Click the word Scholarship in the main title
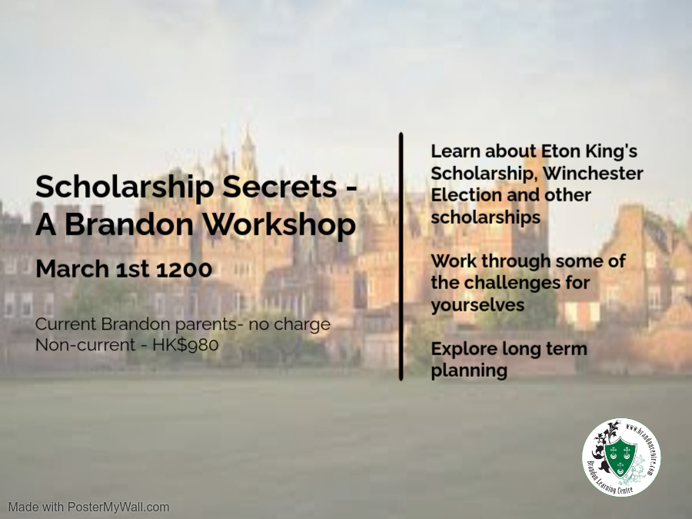click(x=125, y=188)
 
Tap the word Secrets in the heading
click(x=279, y=187)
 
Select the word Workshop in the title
click(x=279, y=225)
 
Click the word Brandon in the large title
click(x=129, y=225)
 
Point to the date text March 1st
click(x=94, y=268)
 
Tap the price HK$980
click(x=185, y=344)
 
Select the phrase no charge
click(x=290, y=324)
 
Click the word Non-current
click(x=85, y=344)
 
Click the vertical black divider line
click(x=401, y=256)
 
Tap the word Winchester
click(x=593, y=173)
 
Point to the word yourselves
click(x=477, y=305)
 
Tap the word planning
click(x=469, y=371)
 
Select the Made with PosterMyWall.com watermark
click(x=88, y=507)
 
